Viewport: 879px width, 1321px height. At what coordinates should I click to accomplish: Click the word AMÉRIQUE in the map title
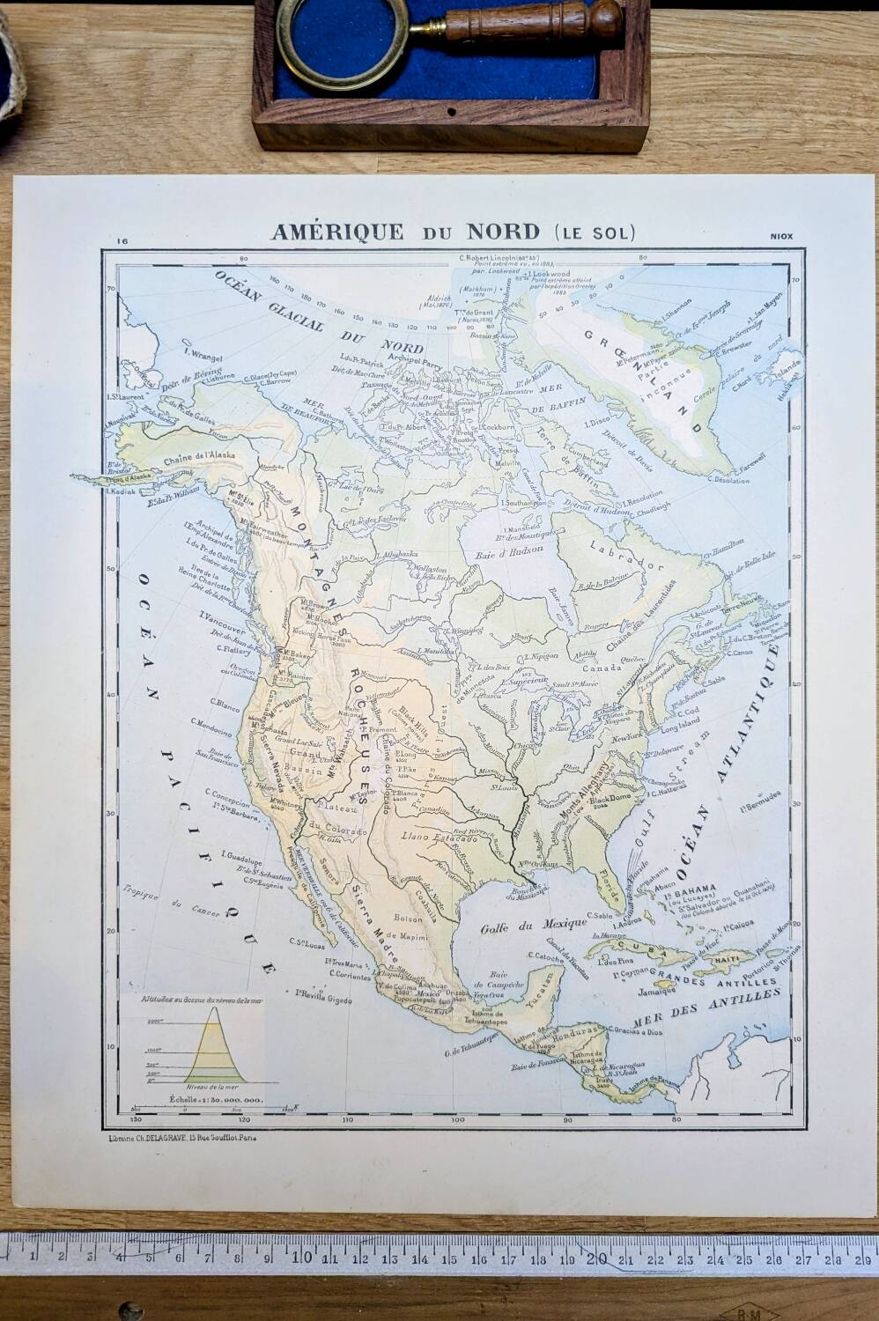(336, 232)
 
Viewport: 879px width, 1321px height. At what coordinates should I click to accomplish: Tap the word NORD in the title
(499, 232)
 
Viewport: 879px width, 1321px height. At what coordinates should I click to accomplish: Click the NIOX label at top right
(781, 236)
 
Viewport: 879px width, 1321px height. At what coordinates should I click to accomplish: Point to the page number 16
(122, 239)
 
